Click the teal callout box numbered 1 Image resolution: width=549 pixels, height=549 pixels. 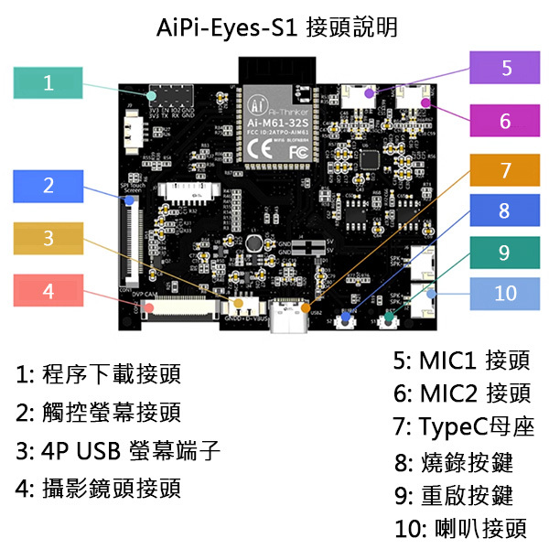[48, 82]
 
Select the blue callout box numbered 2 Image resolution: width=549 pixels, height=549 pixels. [48, 186]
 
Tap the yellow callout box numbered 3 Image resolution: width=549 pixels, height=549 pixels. [48, 239]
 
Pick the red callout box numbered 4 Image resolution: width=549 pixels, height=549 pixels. [48, 292]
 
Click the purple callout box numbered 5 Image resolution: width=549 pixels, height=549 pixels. [506, 68]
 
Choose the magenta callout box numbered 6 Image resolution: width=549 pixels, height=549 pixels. [506, 120]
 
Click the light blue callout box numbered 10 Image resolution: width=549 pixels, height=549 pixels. [506, 293]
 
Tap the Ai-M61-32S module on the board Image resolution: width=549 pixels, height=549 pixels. [277, 124]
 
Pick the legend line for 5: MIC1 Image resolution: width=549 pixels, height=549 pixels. [461, 360]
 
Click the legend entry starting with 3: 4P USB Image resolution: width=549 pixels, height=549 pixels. [118, 452]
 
